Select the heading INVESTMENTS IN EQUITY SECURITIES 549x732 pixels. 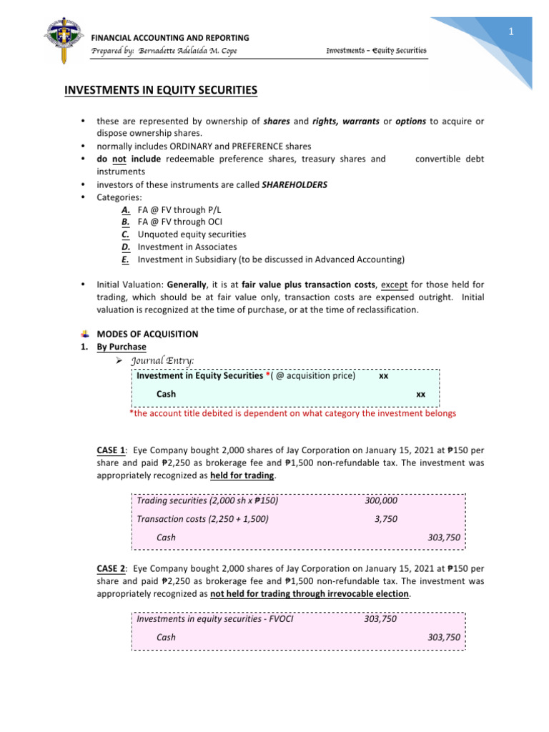click(161, 91)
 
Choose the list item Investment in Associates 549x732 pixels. click(187, 247)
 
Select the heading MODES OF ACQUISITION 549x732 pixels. click(147, 334)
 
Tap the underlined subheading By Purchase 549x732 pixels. click(122, 347)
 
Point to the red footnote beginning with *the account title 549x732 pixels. click(292, 413)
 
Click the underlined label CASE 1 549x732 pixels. click(112, 450)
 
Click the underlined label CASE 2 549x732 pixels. click(112, 568)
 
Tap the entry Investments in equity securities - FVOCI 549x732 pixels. click(214, 618)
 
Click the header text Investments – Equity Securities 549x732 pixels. click(376, 50)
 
